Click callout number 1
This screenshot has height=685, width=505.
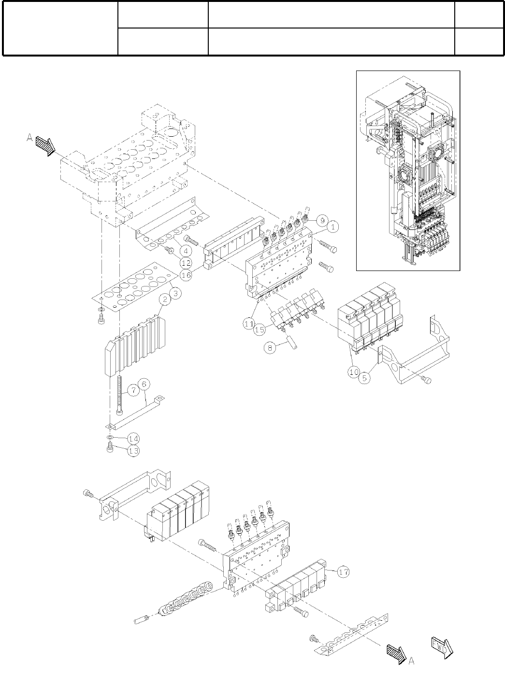click(333, 226)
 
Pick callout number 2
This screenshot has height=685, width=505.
click(165, 300)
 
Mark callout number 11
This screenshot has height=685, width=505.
click(248, 323)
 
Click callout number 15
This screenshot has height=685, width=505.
click(260, 329)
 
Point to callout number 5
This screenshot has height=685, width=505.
click(365, 379)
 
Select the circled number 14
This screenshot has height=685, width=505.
click(134, 439)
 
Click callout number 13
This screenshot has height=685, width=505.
click(134, 451)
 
